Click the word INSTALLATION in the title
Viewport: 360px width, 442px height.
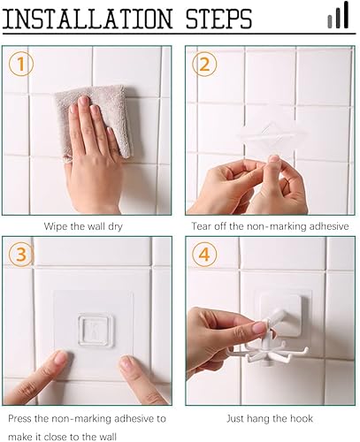(x=88, y=19)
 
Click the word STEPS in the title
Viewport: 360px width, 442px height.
(x=218, y=19)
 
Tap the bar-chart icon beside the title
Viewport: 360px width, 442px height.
(x=338, y=15)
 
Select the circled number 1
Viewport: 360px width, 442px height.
(x=21, y=64)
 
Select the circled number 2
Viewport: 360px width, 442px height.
(x=204, y=64)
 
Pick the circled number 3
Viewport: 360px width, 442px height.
(x=21, y=255)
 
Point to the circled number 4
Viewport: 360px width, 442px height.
(x=204, y=255)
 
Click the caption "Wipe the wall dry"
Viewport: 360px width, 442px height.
(x=83, y=226)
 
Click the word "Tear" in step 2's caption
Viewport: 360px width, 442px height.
(x=202, y=226)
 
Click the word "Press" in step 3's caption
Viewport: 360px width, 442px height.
(x=19, y=418)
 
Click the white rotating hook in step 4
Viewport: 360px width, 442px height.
(x=268, y=347)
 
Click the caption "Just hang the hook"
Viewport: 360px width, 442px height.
(x=270, y=419)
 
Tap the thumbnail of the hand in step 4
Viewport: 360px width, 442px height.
(x=259, y=327)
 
